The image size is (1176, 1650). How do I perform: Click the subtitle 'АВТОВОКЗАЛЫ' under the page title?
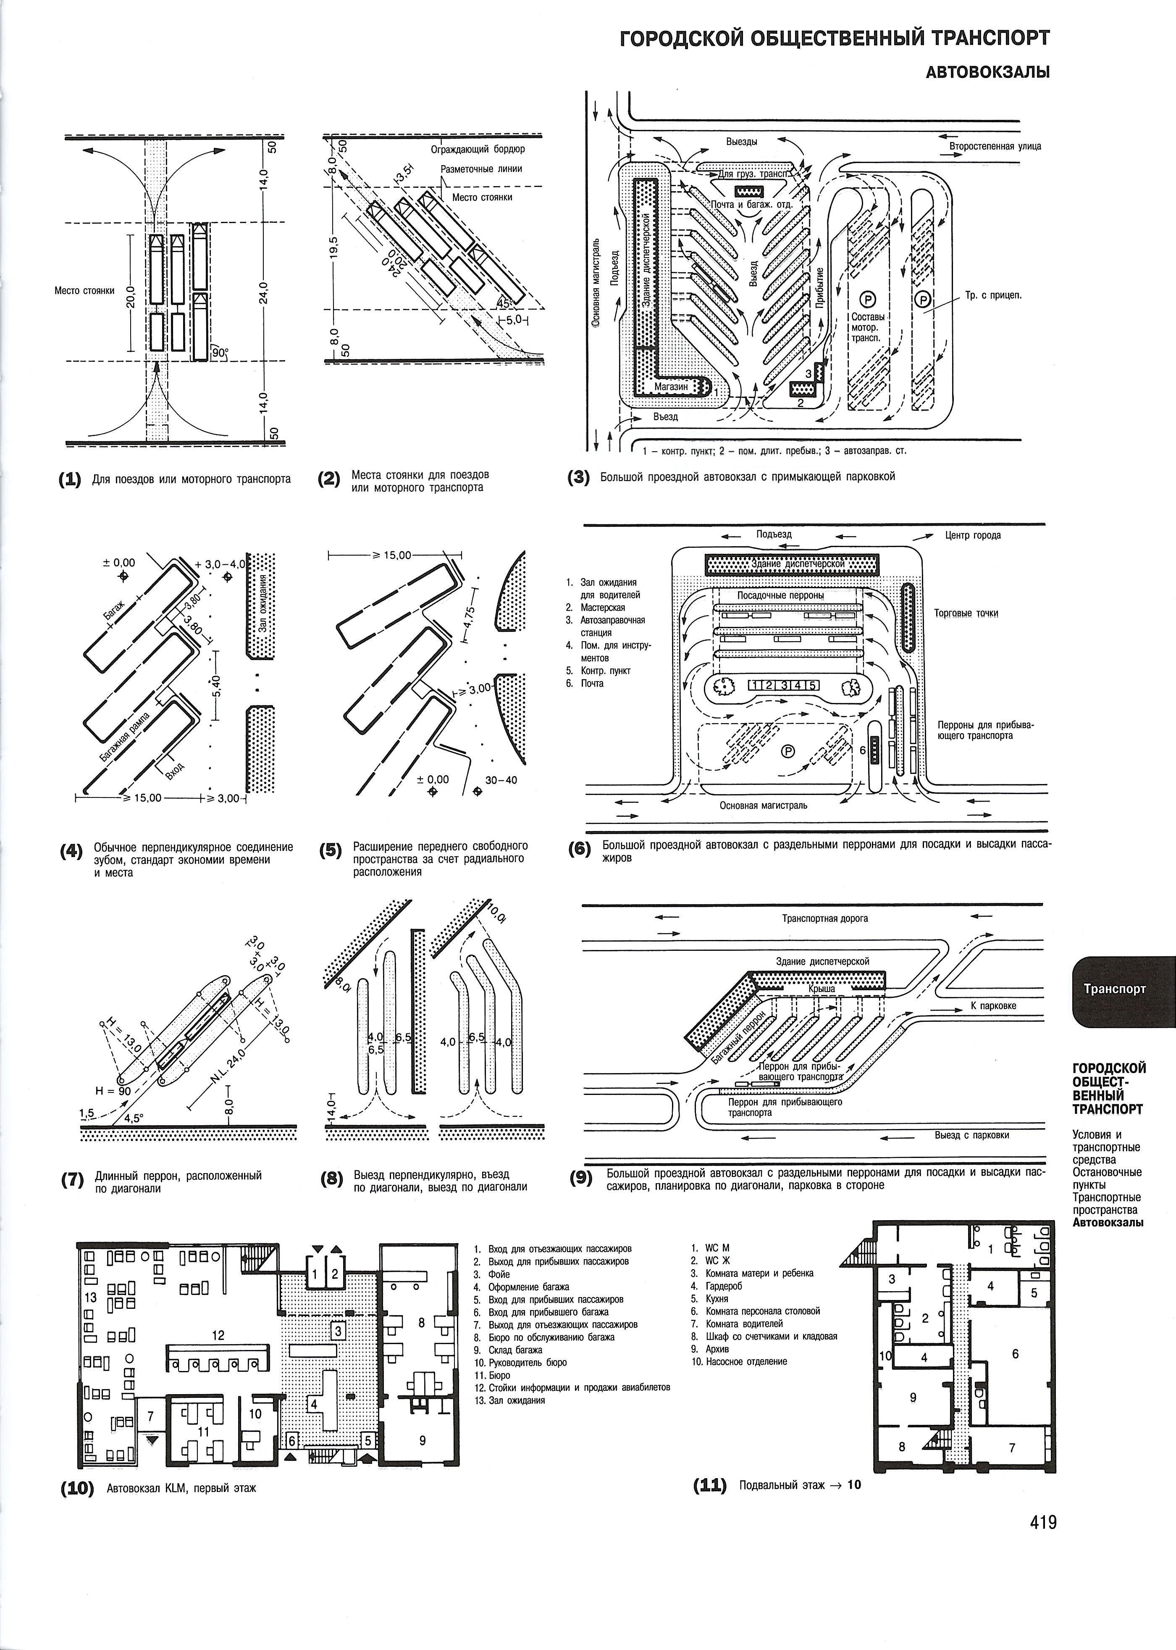pyautogui.click(x=988, y=72)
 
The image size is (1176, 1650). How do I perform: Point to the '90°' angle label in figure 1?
pyautogui.click(x=219, y=353)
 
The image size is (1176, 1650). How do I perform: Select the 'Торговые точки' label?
pyautogui.click(x=966, y=613)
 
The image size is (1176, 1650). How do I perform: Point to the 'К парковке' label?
pyautogui.click(x=994, y=1006)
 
